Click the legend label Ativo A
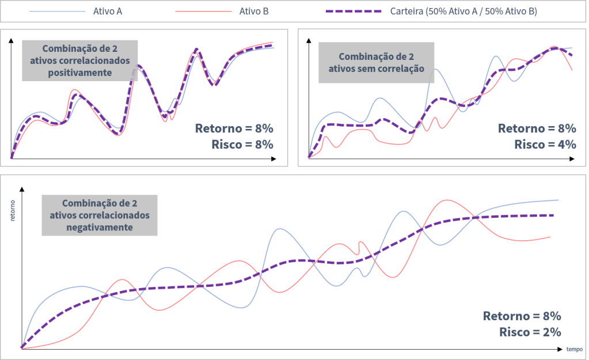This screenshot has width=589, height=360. pyautogui.click(x=107, y=12)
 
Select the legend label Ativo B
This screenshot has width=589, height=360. pyautogui.click(x=254, y=12)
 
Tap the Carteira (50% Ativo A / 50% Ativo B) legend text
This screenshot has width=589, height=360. pyautogui.click(x=463, y=12)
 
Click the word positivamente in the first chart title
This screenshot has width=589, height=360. pyautogui.click(x=80, y=73)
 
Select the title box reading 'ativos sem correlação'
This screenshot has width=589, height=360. pyautogui.click(x=376, y=63)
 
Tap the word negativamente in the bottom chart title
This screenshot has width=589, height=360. pyautogui.click(x=98, y=228)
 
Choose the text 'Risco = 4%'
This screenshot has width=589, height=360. pyautogui.click(x=545, y=144)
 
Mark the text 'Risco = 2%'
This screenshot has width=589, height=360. pyautogui.click(x=530, y=331)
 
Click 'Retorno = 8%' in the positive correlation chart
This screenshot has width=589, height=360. pyautogui.click(x=234, y=128)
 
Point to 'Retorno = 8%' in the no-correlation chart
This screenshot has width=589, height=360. pyautogui.click(x=537, y=128)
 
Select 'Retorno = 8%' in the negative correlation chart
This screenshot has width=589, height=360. pyautogui.click(x=522, y=316)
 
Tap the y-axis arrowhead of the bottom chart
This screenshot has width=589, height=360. pyautogui.click(x=22, y=188)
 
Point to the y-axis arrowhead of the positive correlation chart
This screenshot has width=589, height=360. pyautogui.click(x=12, y=37)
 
